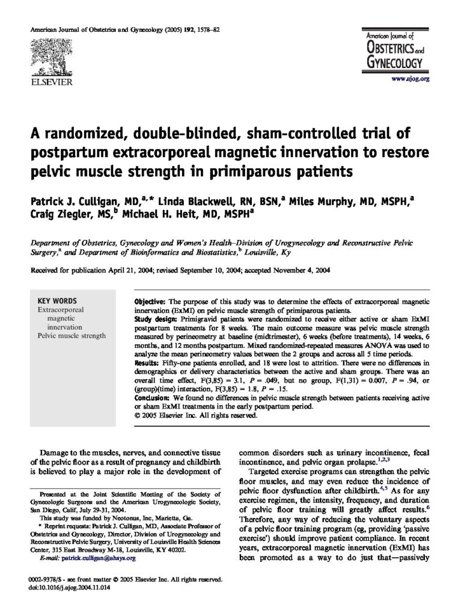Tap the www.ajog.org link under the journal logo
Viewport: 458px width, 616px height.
[410, 79]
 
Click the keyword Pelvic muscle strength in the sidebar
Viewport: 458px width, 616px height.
[71, 336]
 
